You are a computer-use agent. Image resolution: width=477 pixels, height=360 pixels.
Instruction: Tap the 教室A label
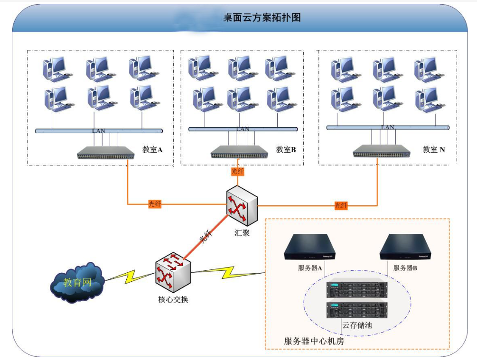152,149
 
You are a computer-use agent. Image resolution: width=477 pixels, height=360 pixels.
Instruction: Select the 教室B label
286,150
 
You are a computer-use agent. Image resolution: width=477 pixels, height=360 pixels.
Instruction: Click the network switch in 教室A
105,153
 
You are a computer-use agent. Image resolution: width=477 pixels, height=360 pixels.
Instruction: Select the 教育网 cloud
77,283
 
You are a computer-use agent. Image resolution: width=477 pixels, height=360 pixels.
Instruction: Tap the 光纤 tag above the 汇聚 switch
237,172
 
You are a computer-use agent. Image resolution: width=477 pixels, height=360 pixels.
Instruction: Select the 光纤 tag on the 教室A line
155,204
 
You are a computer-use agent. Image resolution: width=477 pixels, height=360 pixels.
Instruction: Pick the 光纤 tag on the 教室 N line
341,205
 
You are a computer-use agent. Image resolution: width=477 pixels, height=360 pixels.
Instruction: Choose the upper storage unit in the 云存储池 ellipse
357,288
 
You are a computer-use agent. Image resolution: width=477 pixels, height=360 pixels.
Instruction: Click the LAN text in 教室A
99,130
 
